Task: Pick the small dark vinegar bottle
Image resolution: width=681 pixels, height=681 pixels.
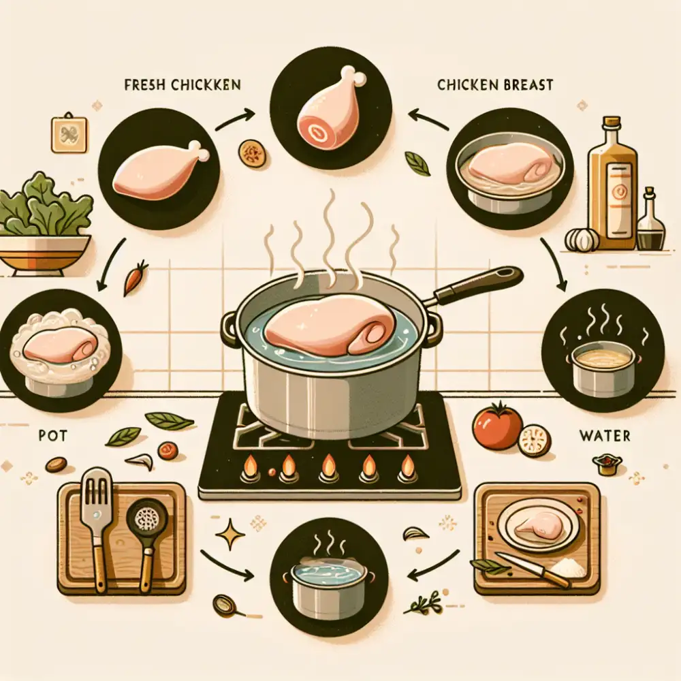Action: tap(650, 221)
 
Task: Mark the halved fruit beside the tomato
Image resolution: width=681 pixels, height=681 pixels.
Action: tap(535, 441)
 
